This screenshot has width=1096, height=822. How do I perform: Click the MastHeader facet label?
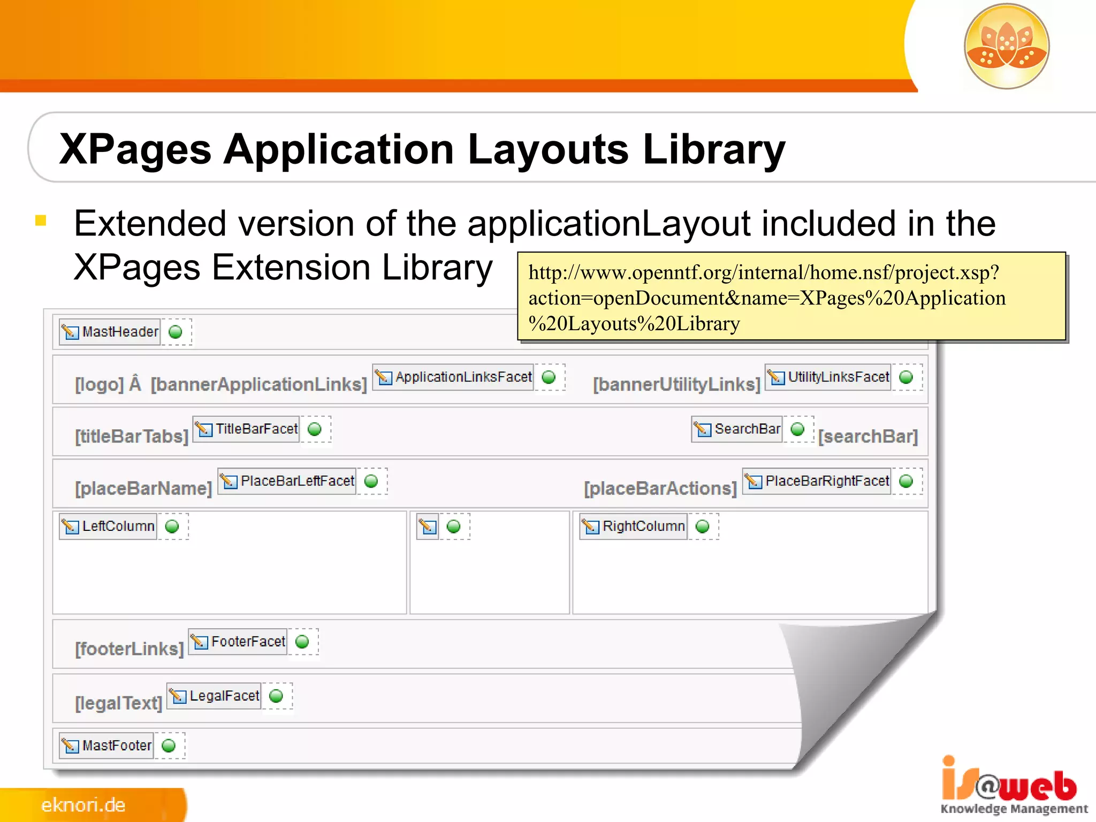120,332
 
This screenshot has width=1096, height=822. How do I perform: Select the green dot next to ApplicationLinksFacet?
549,377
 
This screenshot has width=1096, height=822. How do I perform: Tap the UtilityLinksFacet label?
838,377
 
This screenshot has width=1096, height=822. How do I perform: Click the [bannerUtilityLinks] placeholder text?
676,384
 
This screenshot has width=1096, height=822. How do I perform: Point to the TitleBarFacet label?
256,429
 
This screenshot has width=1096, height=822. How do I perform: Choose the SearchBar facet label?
747,429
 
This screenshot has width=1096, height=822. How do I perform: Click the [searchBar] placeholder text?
868,437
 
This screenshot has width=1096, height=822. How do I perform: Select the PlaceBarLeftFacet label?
297,481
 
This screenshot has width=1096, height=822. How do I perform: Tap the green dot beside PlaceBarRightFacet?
906,481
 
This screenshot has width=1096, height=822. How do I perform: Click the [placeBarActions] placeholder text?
660,489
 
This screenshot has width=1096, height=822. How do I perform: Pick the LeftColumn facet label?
118,527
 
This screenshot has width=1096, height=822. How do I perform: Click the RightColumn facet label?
643,527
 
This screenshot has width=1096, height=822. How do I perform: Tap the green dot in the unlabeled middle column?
453,527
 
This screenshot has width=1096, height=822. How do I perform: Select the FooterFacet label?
248,642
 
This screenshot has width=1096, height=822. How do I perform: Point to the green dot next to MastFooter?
169,745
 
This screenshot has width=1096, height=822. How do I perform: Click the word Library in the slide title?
714,149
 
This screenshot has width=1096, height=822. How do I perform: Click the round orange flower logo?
1007,46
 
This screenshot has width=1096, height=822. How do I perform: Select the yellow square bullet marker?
41,220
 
